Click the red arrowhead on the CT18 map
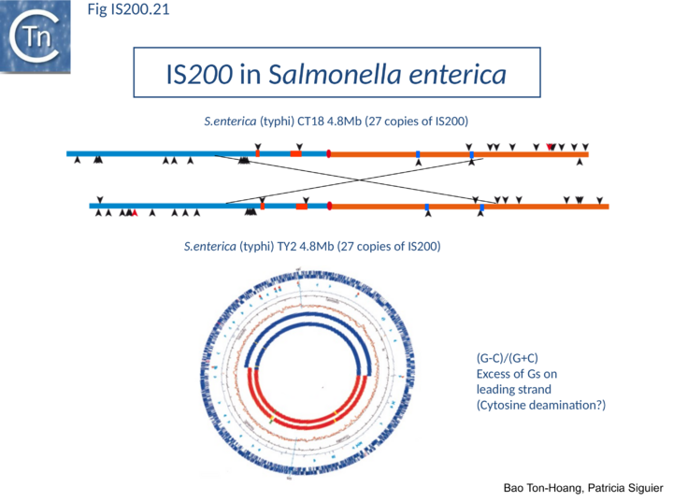pos(551,146)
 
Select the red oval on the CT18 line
pos(329,153)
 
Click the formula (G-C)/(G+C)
pos(508,358)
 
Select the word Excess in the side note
pos(495,374)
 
